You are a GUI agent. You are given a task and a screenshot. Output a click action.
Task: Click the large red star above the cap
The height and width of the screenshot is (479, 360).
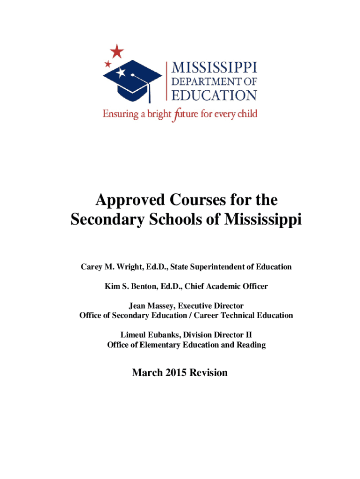[117, 51]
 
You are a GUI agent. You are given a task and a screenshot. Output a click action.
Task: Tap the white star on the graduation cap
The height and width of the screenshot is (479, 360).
[121, 73]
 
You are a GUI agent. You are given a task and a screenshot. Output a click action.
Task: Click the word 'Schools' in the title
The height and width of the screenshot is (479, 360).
[179, 219]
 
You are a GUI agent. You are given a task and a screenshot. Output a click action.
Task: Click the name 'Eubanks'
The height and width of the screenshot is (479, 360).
[162, 335]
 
